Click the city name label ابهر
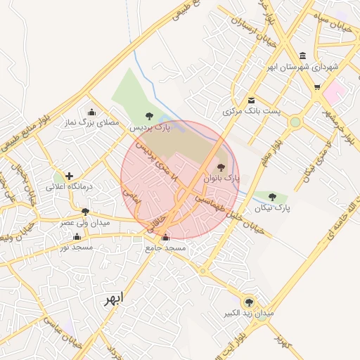click(112, 299)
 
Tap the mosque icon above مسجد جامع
click(165, 238)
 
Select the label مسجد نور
click(75, 247)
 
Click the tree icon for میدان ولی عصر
click(85, 211)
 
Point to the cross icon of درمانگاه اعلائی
click(69, 176)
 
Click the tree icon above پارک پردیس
click(148, 116)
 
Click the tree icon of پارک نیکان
click(272, 197)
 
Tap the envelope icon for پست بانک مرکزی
click(252, 100)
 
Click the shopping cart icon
click(317, 87)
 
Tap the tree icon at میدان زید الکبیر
click(247, 300)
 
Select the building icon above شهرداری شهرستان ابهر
click(302, 56)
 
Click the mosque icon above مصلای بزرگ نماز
click(91, 112)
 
